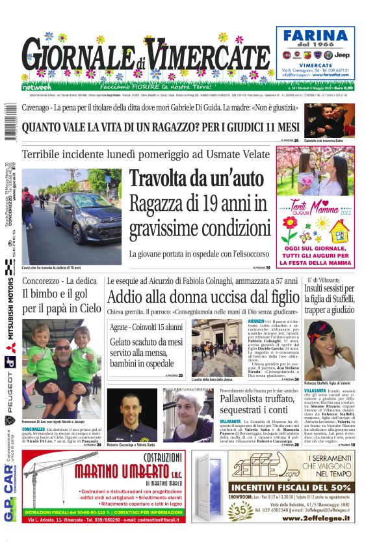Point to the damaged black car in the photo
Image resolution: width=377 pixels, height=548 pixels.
pos(84,223)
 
